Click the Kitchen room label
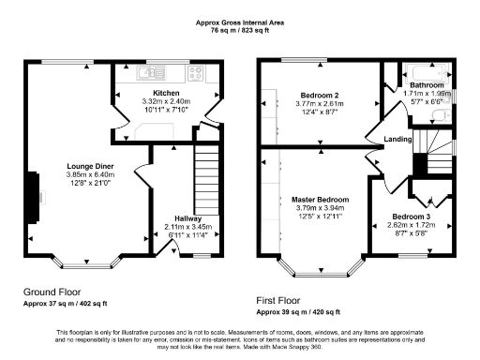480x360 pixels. click(x=167, y=93)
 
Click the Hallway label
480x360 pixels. click(x=189, y=217)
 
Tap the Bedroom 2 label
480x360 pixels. click(x=319, y=95)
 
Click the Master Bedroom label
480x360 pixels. click(x=322, y=200)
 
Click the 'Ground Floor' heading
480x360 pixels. click(x=51, y=292)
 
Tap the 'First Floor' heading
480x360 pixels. click(x=282, y=301)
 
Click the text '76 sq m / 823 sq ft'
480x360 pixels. click(x=240, y=29)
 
